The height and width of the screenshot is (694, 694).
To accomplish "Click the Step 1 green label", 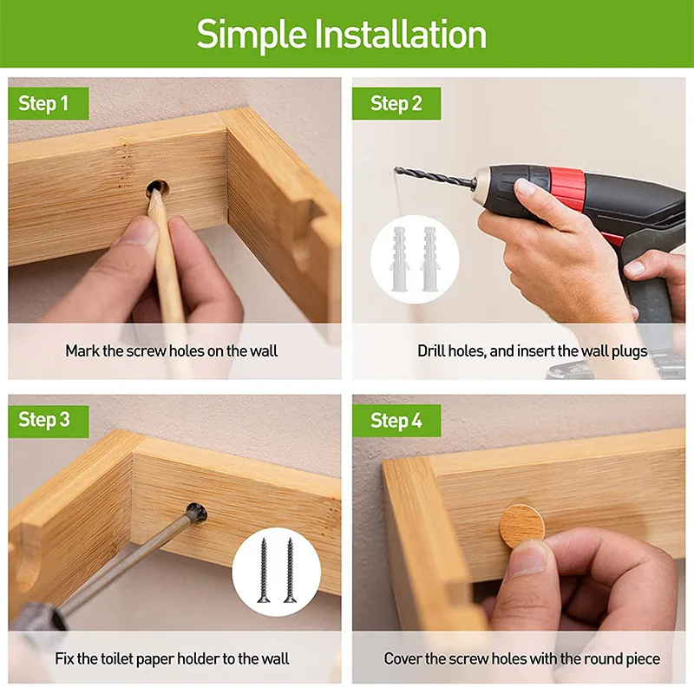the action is [49, 103].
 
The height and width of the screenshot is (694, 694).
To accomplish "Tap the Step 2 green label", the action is [396, 103].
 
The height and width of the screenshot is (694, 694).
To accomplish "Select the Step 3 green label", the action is [49, 421].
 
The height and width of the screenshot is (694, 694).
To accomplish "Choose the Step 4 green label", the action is [396, 421].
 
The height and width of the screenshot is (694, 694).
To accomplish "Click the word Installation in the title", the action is [400, 35].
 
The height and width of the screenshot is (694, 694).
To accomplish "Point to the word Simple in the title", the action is [252, 36].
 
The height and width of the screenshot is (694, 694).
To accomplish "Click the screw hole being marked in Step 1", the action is [158, 190].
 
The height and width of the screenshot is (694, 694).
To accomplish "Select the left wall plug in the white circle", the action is [399, 259].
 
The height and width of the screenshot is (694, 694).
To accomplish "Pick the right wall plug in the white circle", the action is [429, 259].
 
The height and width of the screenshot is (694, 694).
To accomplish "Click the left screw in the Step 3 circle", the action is [264, 570].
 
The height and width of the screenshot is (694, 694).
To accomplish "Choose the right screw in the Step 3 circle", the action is [290, 570].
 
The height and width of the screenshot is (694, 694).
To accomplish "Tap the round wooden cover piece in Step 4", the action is [522, 527].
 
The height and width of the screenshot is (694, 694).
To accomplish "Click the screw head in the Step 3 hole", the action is [197, 514].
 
